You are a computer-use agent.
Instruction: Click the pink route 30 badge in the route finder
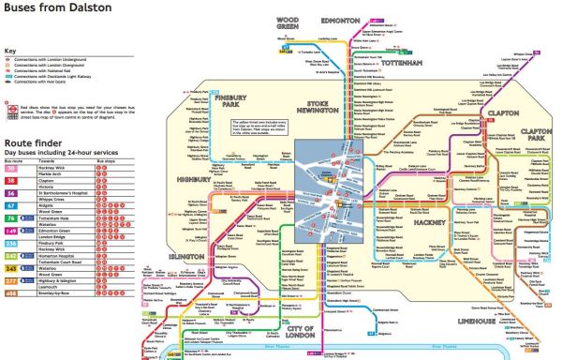point(12,164)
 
